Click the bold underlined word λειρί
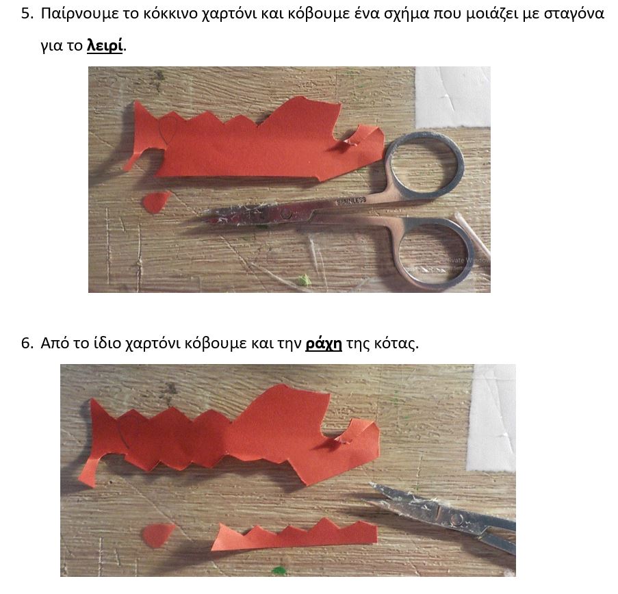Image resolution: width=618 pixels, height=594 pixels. pyautogui.click(x=105, y=46)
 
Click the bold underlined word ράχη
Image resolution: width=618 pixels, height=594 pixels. pyautogui.click(x=324, y=344)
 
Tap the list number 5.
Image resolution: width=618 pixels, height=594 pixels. pyautogui.click(x=27, y=14)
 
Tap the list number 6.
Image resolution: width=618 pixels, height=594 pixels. pyautogui.click(x=27, y=344)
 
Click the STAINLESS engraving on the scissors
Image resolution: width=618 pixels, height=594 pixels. pyautogui.click(x=352, y=201)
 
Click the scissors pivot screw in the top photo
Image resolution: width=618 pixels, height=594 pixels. pyautogui.click(x=287, y=214)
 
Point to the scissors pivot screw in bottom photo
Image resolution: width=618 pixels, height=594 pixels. pyautogui.click(x=456, y=519)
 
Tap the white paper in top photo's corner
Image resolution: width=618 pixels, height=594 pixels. pyautogui.click(x=453, y=97)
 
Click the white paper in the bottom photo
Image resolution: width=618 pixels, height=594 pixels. pyautogui.click(x=491, y=418)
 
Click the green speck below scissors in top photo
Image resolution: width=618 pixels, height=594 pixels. pyautogui.click(x=304, y=281)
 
